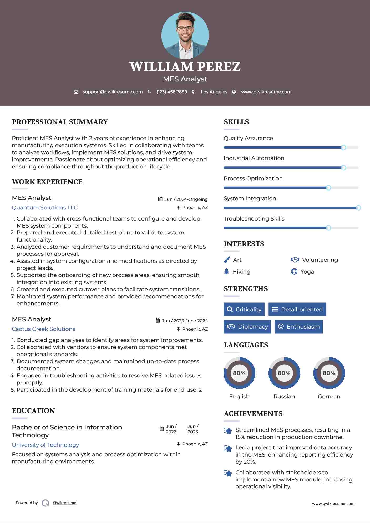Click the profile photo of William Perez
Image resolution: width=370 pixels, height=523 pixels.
[185, 35]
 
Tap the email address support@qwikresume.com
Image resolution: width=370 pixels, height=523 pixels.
[113, 92]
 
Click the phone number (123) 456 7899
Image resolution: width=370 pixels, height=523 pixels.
[172, 92]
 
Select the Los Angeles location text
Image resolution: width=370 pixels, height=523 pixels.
[214, 92]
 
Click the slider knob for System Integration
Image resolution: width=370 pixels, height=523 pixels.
[358, 208]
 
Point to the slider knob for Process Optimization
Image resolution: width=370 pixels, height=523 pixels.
[328, 188]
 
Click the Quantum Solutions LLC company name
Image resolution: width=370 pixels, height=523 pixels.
[45, 208]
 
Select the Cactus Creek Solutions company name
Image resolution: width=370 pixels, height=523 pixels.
[43, 329]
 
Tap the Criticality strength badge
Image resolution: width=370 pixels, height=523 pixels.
[244, 309]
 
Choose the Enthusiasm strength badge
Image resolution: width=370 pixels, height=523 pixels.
[299, 326]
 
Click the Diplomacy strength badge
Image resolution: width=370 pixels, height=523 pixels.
[247, 326]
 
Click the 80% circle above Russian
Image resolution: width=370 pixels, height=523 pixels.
[284, 373]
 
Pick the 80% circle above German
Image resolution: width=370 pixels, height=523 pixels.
[329, 373]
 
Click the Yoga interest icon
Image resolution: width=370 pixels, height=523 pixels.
[294, 271]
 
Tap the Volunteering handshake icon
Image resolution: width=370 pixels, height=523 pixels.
[295, 260]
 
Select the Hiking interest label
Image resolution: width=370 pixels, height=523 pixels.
[241, 272]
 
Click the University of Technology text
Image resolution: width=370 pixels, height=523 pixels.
[45, 445]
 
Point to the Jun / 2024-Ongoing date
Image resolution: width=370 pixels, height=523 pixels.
[186, 199]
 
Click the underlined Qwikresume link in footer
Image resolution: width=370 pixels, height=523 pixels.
[65, 503]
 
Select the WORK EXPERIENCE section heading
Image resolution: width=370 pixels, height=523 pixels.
[47, 182]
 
